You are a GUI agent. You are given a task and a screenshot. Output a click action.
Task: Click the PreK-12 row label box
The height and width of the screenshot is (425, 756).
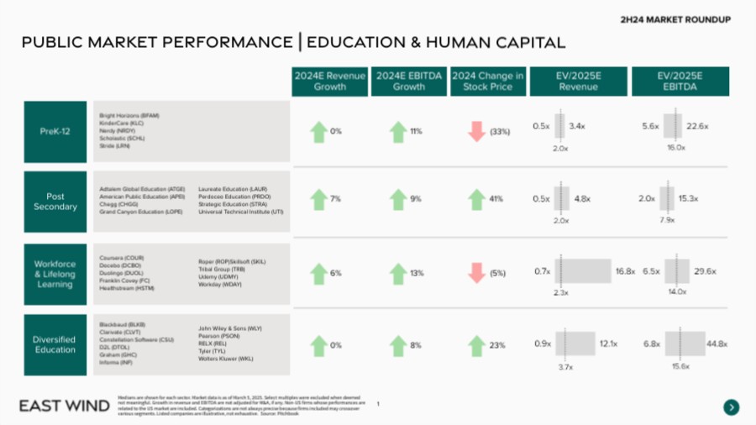click(55, 132)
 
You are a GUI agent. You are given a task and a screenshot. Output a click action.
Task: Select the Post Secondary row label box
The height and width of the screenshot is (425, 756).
click(55, 202)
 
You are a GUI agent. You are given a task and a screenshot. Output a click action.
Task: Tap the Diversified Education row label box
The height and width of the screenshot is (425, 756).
click(55, 344)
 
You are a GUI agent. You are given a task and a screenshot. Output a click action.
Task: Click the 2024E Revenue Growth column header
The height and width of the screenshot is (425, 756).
click(329, 81)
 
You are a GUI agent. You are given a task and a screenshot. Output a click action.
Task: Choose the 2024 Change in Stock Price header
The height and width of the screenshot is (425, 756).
click(488, 81)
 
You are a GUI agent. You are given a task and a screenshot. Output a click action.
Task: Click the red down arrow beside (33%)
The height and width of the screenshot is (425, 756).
click(476, 132)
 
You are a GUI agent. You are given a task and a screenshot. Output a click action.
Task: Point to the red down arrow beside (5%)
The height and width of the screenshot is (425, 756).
click(476, 273)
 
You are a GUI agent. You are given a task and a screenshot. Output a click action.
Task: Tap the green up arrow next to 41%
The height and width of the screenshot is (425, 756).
click(476, 200)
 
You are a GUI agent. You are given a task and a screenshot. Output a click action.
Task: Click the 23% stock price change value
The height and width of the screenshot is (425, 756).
click(496, 345)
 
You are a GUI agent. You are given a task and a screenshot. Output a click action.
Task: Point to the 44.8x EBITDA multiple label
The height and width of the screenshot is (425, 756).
click(717, 344)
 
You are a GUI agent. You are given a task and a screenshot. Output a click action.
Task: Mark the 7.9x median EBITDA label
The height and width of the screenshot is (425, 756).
click(668, 220)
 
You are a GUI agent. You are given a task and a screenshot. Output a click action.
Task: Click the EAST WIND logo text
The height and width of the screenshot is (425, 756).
click(64, 407)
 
